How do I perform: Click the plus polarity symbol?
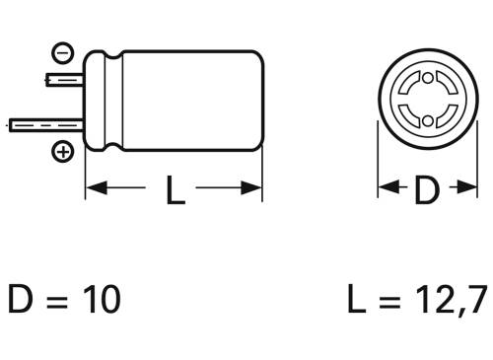(63, 152)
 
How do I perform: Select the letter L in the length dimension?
(174, 189)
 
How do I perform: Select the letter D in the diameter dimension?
(425, 189)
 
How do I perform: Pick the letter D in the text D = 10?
(21, 299)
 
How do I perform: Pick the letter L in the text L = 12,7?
(357, 299)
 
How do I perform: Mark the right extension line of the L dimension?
(262, 178)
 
